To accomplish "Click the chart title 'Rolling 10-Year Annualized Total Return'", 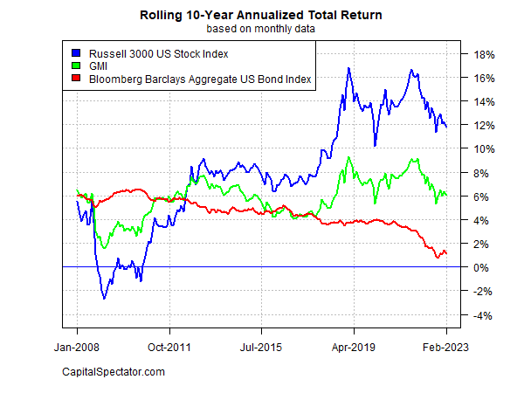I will tap(262, 15).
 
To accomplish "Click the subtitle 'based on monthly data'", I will tap(262, 28).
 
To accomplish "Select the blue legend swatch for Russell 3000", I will tap(75, 54).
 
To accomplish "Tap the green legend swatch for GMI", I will tap(75, 66).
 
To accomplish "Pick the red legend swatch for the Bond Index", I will tap(75, 79).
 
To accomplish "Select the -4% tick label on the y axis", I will tap(484, 315).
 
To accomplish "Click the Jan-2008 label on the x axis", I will tap(77, 348).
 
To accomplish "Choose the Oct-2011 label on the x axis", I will tap(169, 348).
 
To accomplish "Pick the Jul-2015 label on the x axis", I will tap(261, 348).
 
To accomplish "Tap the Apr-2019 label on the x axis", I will tap(354, 348).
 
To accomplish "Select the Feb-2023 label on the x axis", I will tap(445, 348).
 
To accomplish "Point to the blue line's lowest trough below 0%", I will tap(104, 299).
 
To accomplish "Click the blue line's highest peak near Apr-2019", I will tap(349, 68).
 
